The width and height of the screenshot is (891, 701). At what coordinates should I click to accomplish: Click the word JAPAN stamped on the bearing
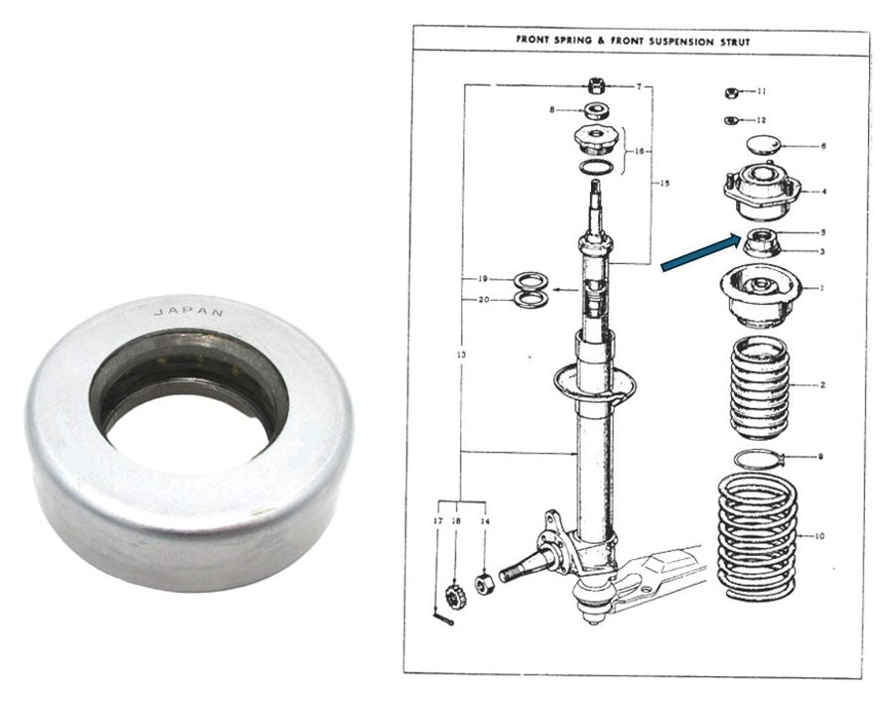(189, 312)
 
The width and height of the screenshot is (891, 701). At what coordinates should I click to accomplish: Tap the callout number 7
(639, 87)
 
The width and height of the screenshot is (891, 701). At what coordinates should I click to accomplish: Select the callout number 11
(762, 91)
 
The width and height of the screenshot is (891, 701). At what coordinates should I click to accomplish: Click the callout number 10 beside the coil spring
(818, 536)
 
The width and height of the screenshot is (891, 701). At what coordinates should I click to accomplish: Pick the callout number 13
(461, 354)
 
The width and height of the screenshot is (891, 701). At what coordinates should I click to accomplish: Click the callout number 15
(665, 183)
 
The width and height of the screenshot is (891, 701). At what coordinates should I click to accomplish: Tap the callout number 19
(483, 279)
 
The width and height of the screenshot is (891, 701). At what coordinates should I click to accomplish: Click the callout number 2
(822, 385)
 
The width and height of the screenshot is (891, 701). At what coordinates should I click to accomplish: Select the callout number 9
(819, 456)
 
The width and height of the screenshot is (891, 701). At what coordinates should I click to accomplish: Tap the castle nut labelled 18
(455, 595)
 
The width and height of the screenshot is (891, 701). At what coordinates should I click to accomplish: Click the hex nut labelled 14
(484, 583)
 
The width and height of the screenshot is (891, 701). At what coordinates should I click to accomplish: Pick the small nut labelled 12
(731, 120)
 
